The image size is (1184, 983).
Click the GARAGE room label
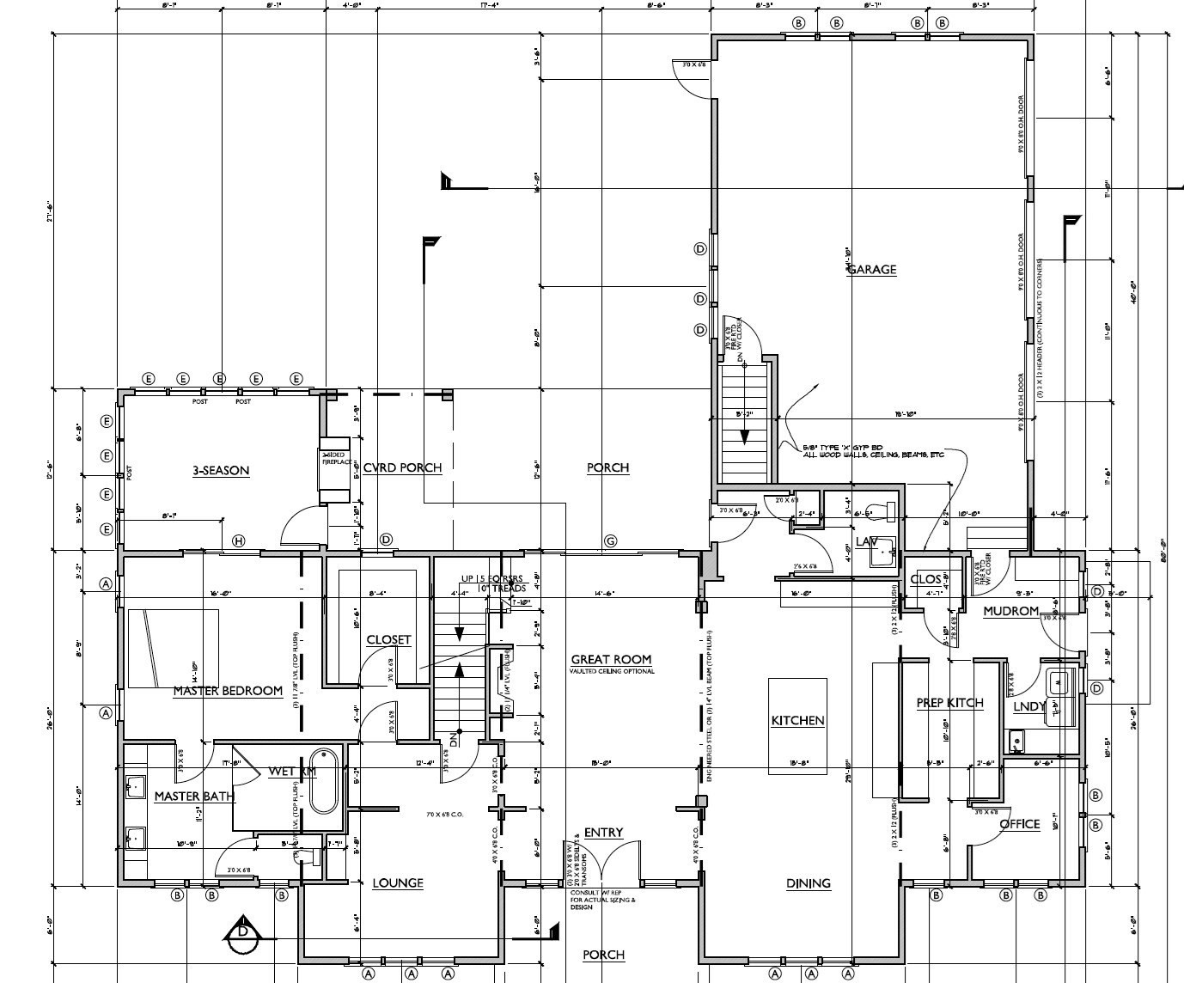coord(872,269)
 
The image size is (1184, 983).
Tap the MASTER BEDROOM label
coord(228,691)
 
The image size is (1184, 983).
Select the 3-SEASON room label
coord(221,470)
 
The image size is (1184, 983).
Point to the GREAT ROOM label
coord(611,659)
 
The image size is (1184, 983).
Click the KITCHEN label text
coord(797,720)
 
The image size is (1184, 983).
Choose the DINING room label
coord(809,882)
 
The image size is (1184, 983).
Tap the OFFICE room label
coord(1020,824)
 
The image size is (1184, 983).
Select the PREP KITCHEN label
coord(949,703)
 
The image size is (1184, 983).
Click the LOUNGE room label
coord(397,882)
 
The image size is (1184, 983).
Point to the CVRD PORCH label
coord(402,467)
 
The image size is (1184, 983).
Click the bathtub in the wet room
coord(325,791)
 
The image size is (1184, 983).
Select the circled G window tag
coord(611,540)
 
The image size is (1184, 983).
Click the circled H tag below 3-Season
coord(238,540)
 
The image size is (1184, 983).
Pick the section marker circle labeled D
coord(244,931)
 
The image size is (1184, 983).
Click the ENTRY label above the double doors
coord(603,832)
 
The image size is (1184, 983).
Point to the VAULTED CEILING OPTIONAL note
coord(613,671)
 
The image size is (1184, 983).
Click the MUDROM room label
coord(1011,611)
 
